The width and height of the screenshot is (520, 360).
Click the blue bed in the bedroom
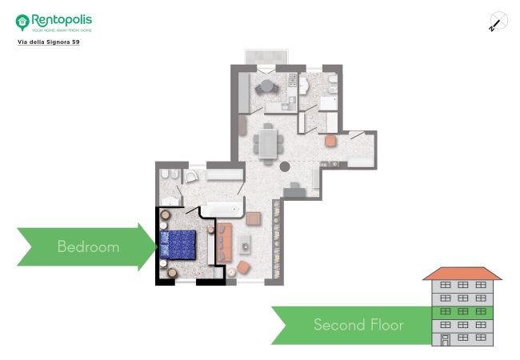pos(178,245)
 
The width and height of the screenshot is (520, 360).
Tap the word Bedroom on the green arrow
pos(88,246)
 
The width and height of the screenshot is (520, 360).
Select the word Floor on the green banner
pos(387,325)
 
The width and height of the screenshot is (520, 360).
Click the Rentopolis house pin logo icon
pos(22,22)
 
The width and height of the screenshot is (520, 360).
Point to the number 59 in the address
pos(76,42)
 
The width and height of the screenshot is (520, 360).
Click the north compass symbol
pos(498,22)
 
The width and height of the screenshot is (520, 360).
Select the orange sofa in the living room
pos(224,242)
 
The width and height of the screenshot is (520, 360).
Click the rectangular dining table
pos(268,143)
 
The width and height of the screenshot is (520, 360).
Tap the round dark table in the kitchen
pos(266,86)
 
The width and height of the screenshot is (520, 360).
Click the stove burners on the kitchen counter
pos(293,80)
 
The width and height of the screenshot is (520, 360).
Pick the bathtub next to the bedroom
pos(222,209)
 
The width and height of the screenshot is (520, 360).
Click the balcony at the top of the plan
pos(266,57)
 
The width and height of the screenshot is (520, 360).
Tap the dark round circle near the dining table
pos(285,166)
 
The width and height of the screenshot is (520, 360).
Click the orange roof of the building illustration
pos(462,274)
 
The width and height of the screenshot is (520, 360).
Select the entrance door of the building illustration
pos(446,340)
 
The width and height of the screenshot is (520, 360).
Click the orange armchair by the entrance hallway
pos(330,141)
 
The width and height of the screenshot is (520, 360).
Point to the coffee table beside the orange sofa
pos(245,244)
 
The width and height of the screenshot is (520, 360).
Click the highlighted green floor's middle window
pos(462,311)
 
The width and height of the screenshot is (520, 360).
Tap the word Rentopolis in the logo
pos(62,20)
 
